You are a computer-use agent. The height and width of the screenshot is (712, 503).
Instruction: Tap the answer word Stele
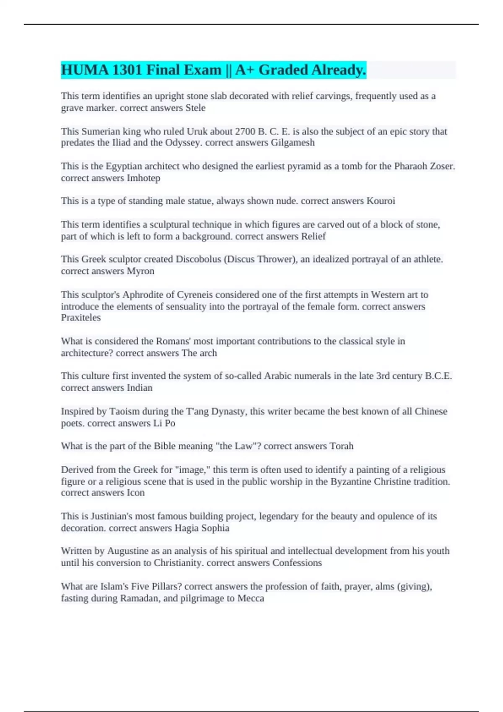coord(195,108)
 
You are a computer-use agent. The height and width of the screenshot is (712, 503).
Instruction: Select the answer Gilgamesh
coord(293,143)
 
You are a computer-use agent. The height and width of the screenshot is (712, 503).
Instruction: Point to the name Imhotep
coord(143,178)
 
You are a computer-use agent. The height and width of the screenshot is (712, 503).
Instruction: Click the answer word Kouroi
coord(381,201)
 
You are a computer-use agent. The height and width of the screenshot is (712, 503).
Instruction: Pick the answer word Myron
coord(140,271)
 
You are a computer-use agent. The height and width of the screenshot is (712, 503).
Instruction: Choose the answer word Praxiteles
coord(81,317)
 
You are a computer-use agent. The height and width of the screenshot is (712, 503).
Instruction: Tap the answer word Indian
coord(140,388)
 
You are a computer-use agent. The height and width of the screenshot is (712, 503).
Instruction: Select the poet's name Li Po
coord(164,423)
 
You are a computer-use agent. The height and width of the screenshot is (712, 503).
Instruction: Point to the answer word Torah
coord(342,446)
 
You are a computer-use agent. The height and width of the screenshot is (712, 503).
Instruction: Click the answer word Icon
coord(135,493)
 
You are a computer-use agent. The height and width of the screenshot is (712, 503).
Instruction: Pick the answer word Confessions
coord(297,563)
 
